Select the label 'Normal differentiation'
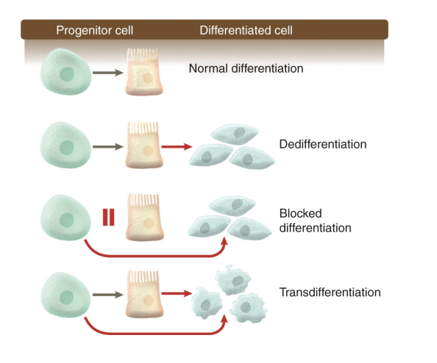click(246, 69)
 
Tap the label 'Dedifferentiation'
click(323, 144)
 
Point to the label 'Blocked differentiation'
click(315, 220)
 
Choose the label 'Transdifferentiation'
click(330, 292)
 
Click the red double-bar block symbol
click(109, 218)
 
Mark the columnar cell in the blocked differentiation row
click(144, 218)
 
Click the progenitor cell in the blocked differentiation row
click(64, 218)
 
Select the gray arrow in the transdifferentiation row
click(107, 294)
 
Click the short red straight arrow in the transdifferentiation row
click(175, 294)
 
